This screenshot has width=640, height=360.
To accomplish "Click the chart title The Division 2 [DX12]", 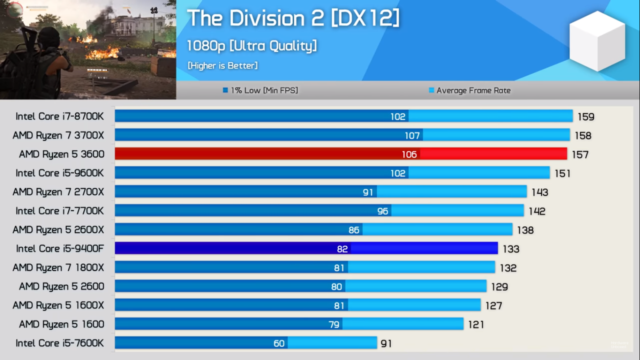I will [x=293, y=19].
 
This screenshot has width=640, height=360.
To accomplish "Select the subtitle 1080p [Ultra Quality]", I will [x=251, y=46].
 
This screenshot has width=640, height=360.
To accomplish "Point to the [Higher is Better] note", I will [x=222, y=65].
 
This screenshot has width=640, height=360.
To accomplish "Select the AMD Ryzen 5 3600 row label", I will [x=61, y=154].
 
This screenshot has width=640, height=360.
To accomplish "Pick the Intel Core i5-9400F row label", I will [x=60, y=248].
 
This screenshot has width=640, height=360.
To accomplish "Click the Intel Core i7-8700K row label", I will [x=59, y=116].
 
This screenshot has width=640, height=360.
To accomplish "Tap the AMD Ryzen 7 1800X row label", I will [x=58, y=267].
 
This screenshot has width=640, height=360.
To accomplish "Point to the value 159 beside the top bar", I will [x=586, y=117].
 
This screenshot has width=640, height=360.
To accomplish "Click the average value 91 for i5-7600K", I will [x=385, y=343].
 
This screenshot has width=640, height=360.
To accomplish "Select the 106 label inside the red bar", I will [x=409, y=154].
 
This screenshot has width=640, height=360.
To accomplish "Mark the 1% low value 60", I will [x=279, y=343].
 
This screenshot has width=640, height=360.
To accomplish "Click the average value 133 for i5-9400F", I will [x=511, y=249].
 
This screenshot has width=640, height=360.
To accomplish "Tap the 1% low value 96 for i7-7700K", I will [x=382, y=211].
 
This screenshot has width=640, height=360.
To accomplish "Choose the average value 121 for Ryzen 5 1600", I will [x=476, y=324].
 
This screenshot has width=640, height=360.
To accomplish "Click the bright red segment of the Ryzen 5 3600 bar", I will [x=493, y=153].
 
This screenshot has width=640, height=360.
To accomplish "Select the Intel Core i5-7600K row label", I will [x=59, y=343].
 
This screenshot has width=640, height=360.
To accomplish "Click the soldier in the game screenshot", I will [x=42, y=60].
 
